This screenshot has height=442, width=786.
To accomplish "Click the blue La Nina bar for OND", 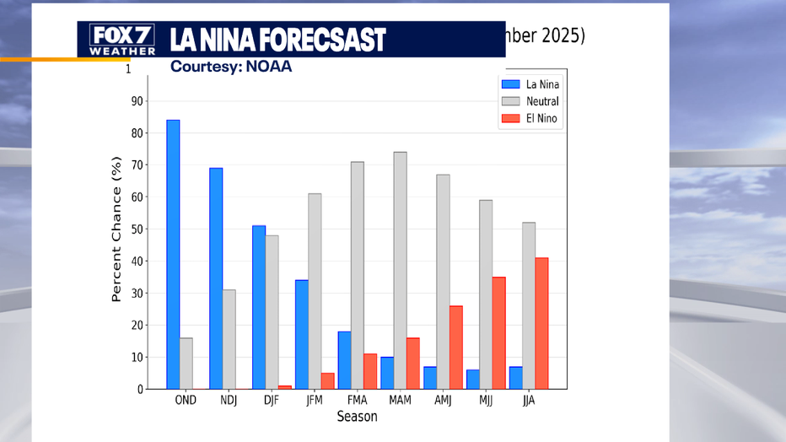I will [173, 254].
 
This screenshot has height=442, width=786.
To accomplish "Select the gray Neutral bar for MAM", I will [400, 270].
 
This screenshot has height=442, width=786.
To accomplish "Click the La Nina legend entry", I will [530, 84].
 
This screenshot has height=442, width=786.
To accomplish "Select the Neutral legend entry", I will [530, 101].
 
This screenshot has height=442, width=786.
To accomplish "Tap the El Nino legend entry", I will [530, 119].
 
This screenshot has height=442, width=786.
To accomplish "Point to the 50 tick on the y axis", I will [137, 229].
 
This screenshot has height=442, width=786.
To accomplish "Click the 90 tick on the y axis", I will [137, 101].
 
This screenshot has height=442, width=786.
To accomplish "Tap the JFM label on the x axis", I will [315, 400].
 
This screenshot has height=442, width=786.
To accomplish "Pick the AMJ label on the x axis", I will [443, 400].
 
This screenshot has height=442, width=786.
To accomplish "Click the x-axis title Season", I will [357, 417].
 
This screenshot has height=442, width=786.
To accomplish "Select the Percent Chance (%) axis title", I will [117, 229].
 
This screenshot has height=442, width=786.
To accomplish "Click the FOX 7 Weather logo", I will [123, 40].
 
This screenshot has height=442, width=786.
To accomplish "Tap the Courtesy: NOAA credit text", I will [231, 67].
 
